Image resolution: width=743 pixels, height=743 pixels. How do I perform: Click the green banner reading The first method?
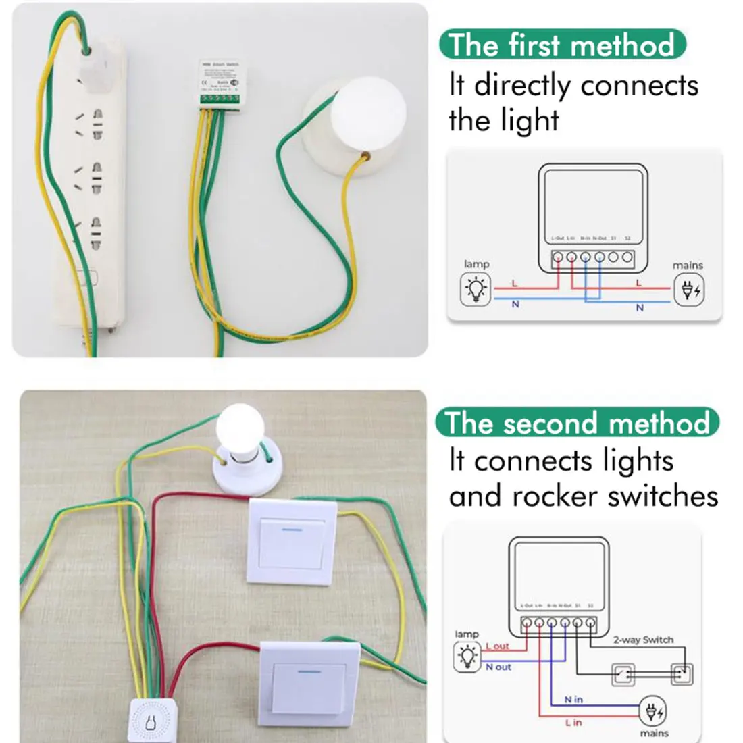coord(561,45)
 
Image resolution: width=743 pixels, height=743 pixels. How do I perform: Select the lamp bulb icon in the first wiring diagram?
coord(476,289)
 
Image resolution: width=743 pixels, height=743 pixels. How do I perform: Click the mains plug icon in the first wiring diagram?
coord(688,290)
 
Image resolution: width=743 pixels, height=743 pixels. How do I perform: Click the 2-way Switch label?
coord(643,640)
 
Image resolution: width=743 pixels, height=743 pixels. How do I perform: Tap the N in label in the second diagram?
coord(573,700)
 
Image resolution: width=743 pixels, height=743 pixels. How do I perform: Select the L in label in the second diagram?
coord(573,723)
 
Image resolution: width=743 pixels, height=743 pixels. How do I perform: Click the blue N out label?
coord(498,667)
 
